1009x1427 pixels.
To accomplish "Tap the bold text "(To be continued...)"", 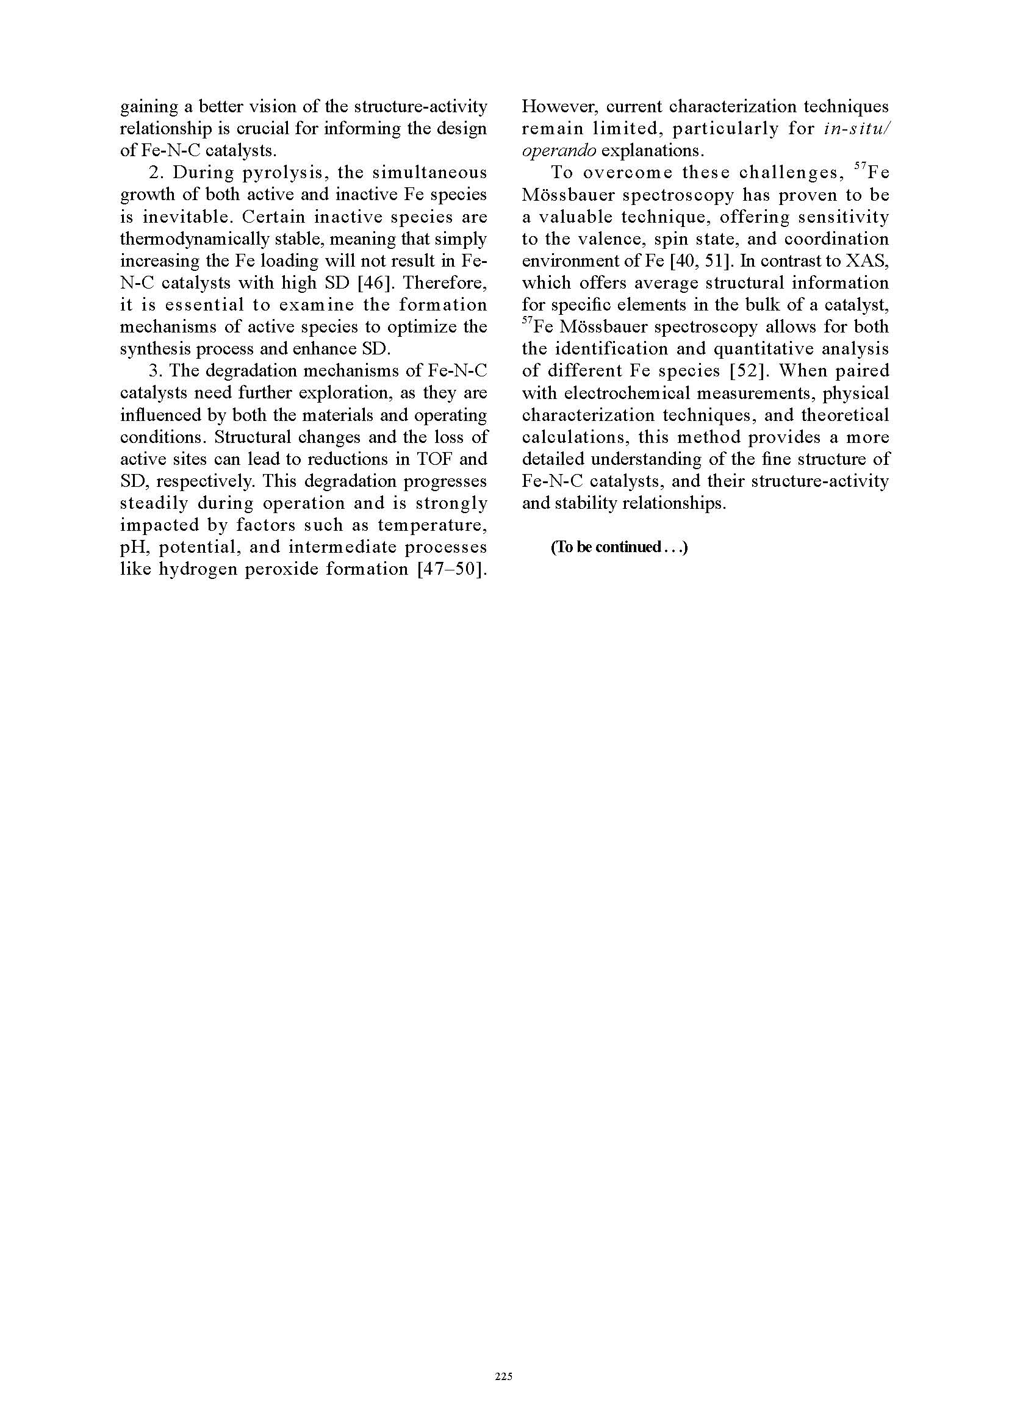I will pyautogui.click(x=619, y=547).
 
